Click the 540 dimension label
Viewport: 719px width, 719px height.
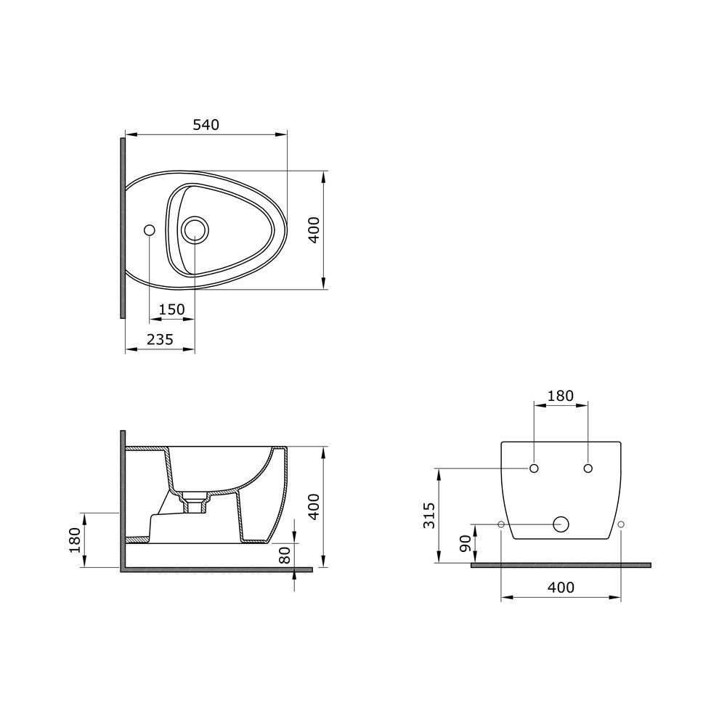point(206,125)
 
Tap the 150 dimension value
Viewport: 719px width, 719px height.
point(171,309)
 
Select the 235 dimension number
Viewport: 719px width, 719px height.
point(160,339)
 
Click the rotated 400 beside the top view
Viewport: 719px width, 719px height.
point(313,230)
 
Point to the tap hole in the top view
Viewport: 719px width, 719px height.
point(149,230)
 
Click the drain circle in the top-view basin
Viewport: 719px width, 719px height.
point(195,230)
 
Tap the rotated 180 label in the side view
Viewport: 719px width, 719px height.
point(74,540)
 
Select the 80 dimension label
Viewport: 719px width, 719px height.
point(284,555)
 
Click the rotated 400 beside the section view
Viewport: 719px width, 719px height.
point(313,507)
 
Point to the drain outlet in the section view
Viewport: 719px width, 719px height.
point(195,505)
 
